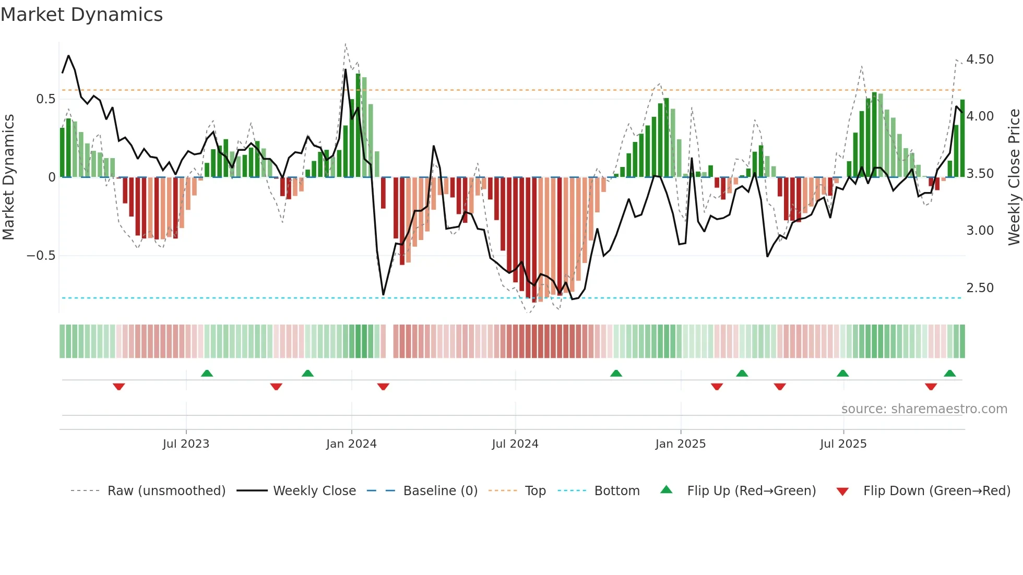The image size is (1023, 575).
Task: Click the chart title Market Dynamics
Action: click(x=82, y=15)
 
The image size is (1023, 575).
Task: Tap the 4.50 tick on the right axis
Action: click(x=980, y=59)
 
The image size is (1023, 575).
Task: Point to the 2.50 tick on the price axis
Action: click(x=980, y=288)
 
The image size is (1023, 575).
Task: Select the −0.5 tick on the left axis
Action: click(x=41, y=256)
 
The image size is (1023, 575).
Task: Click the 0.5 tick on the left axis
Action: click(x=45, y=99)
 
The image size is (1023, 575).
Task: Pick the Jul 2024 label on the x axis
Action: click(x=515, y=444)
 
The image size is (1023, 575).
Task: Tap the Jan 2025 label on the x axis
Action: click(x=680, y=444)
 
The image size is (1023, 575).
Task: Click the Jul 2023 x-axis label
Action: click(x=186, y=444)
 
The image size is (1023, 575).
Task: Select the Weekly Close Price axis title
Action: click(x=1014, y=177)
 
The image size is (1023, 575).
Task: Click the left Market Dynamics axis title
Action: click(x=8, y=177)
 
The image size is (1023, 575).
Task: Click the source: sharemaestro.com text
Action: click(x=924, y=409)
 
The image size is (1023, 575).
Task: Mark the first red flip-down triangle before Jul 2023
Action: click(x=119, y=387)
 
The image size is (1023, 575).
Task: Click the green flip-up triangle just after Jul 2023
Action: click(x=207, y=373)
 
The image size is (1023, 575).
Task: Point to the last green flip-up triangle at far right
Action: click(x=949, y=373)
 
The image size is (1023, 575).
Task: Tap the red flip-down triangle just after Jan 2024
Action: click(x=383, y=387)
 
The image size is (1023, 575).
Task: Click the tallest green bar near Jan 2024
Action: click(x=358, y=125)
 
